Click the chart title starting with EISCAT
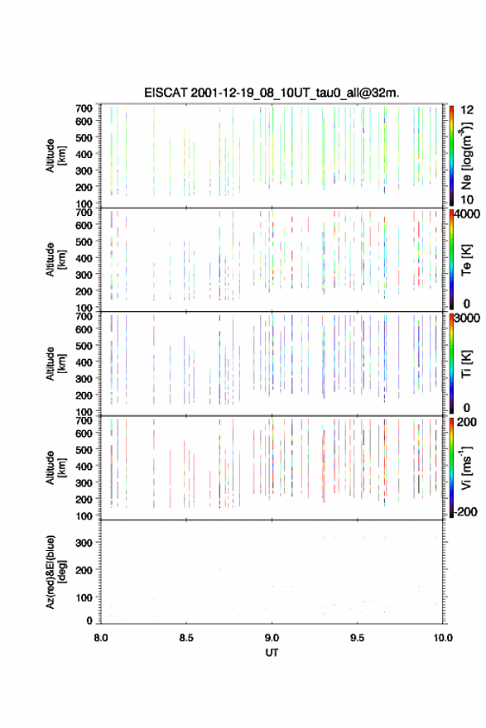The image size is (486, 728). [272, 93]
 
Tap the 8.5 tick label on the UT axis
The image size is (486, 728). [186, 638]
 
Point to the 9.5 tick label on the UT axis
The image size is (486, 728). [358, 638]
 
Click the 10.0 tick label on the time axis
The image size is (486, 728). [443, 638]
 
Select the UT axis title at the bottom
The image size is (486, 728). [272, 653]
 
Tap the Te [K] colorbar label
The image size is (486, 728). [466, 260]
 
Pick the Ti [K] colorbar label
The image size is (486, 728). [466, 364]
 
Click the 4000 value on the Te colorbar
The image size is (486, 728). [467, 214]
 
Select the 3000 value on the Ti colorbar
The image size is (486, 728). [467, 318]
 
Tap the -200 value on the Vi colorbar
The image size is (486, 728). [465, 511]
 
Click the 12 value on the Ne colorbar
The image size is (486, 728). [467, 110]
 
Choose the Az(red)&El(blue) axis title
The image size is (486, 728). [55, 572]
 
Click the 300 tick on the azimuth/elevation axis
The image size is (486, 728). [84, 543]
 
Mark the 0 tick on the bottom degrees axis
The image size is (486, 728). [89, 620]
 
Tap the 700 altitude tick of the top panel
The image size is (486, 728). [84, 108]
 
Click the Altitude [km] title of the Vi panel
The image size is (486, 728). [55, 467]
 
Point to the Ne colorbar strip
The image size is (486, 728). [451, 156]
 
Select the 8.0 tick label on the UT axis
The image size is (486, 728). [101, 638]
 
